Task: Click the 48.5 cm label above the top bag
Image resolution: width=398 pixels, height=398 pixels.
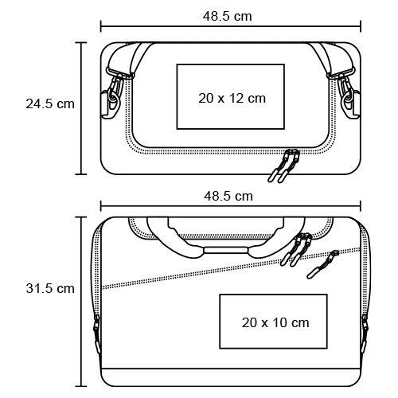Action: click(x=228, y=17)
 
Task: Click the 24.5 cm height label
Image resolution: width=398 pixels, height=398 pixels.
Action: click(x=50, y=103)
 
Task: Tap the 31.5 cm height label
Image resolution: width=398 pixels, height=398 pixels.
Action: click(x=50, y=288)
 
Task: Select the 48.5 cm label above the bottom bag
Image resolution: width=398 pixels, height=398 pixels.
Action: click(x=228, y=197)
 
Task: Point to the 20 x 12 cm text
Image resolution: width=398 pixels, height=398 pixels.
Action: click(x=232, y=99)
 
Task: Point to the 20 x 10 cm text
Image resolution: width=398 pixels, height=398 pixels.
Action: click(x=275, y=323)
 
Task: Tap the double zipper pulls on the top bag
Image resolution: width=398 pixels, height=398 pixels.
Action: click(x=284, y=166)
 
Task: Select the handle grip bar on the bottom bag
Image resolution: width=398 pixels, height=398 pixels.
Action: click(x=225, y=251)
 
